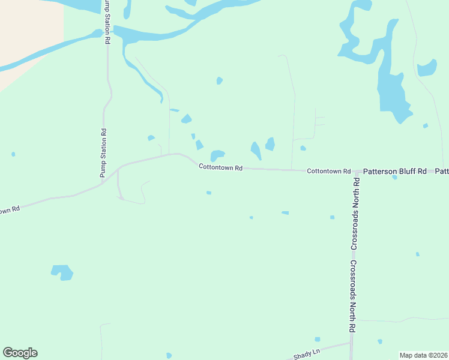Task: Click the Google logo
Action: (20, 353)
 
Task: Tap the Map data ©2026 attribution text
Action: (424, 355)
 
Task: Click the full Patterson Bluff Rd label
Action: (395, 171)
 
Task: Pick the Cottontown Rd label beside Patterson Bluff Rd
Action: (328, 171)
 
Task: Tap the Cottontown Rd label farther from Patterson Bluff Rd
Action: (220, 168)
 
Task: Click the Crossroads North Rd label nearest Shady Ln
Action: (354, 296)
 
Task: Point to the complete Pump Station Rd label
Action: (103, 152)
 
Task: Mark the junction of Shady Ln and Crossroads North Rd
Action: (351, 343)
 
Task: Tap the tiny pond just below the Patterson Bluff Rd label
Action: (394, 178)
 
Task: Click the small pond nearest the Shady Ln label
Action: (317, 339)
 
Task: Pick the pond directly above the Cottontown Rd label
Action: (217, 155)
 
